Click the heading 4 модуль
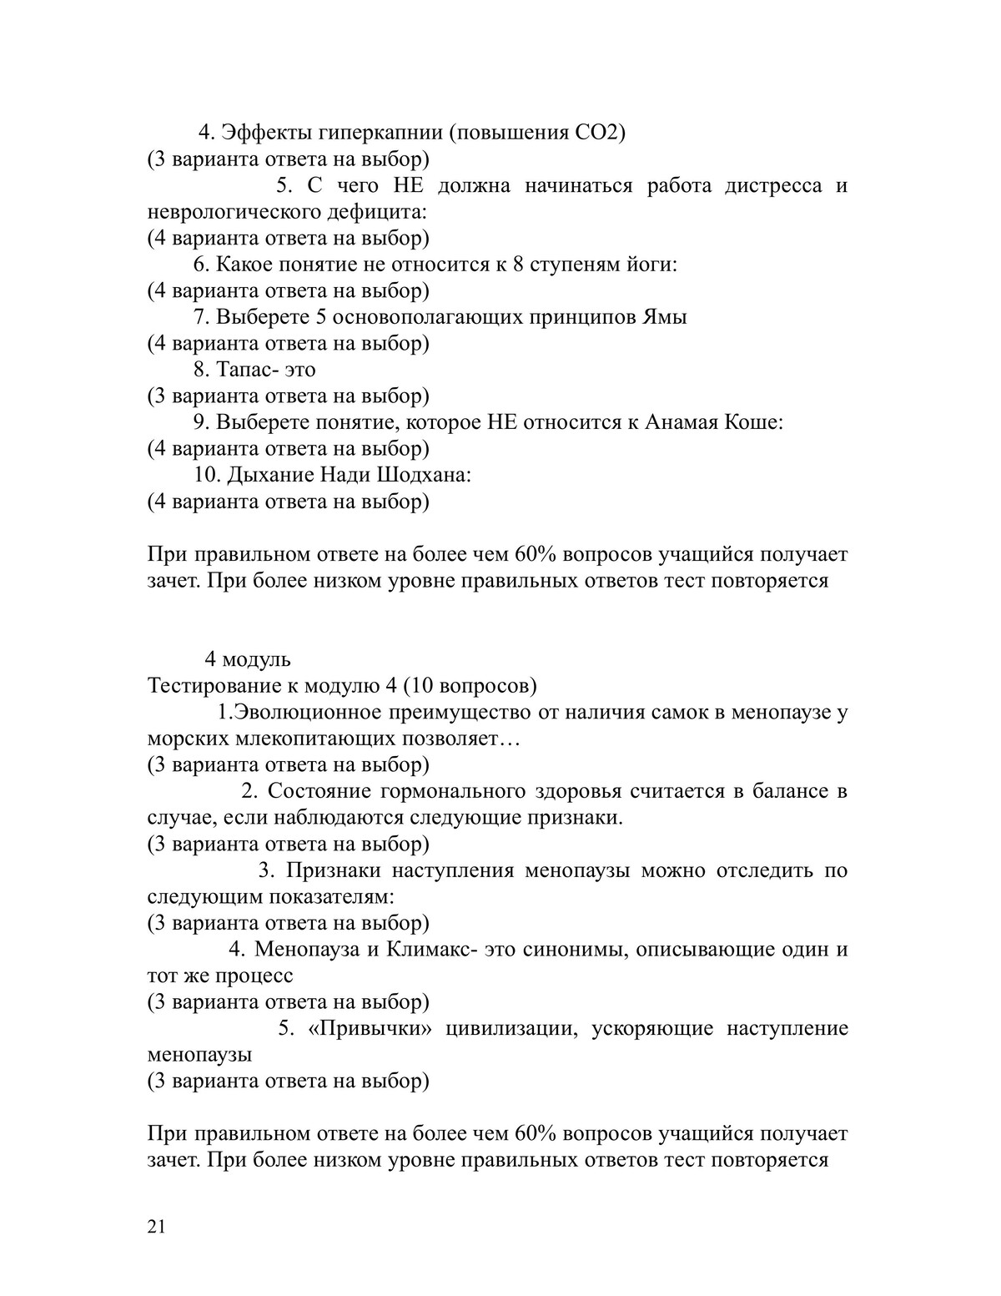click(248, 659)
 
